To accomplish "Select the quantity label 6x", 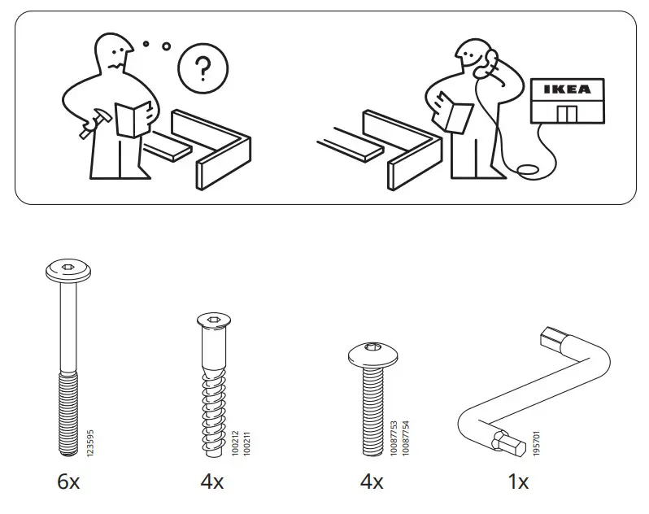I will click(68, 482).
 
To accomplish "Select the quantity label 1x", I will click(518, 482).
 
